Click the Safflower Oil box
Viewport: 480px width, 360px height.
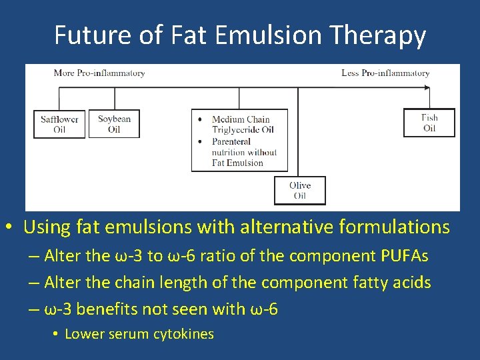tap(59, 124)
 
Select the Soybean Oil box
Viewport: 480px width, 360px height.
tap(114, 124)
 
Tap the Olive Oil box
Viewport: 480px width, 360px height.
tap(300, 190)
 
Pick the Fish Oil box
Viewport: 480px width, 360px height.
tap(429, 123)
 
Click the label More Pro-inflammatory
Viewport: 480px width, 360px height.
tap(99, 73)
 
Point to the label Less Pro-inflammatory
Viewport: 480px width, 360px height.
tap(385, 73)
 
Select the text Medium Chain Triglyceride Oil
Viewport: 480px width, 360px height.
tap(242, 125)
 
